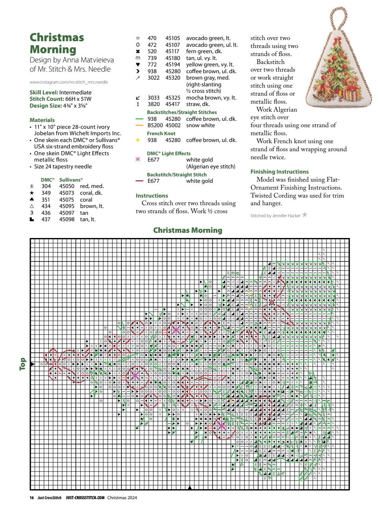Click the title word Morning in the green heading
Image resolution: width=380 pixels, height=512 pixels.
(x=53, y=50)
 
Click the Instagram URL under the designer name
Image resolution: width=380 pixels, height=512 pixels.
(x=69, y=82)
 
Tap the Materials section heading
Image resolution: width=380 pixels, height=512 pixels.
(x=42, y=120)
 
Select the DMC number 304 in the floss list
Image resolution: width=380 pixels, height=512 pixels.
(x=46, y=186)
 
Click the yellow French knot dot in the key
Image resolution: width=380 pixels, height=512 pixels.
(x=138, y=140)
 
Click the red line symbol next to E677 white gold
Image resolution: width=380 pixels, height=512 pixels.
(x=139, y=181)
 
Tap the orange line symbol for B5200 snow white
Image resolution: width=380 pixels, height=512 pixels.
(x=139, y=125)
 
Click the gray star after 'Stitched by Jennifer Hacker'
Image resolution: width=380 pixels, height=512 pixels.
(x=305, y=215)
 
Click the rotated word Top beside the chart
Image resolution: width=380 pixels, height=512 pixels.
(x=23, y=353)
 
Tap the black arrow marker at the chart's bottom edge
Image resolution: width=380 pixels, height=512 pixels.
(x=190, y=488)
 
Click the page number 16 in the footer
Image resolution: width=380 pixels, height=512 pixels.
(x=32, y=498)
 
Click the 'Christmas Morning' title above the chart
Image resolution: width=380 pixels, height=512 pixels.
(x=188, y=230)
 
